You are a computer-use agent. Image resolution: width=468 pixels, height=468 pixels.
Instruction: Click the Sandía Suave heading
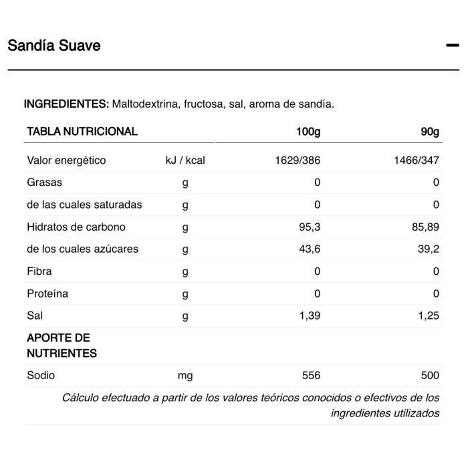pyautogui.click(x=54, y=45)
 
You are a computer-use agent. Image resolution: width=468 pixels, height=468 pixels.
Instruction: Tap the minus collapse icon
pyautogui.click(x=452, y=45)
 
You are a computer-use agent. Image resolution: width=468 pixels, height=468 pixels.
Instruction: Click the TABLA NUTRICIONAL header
pyautogui.click(x=82, y=132)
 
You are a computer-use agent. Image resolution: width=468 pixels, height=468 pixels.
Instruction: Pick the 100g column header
pyautogui.click(x=308, y=132)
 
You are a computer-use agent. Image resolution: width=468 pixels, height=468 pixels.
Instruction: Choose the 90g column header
pyautogui.click(x=430, y=132)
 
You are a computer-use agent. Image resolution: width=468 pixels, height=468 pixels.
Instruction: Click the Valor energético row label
pyautogui.click(x=66, y=160)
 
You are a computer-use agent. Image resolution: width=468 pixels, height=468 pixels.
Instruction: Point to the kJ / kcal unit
pyautogui.click(x=185, y=160)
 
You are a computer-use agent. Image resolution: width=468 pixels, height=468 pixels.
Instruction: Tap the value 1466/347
pyautogui.click(x=417, y=160)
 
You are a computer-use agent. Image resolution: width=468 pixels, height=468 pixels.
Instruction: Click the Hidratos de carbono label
pyautogui.click(x=76, y=227)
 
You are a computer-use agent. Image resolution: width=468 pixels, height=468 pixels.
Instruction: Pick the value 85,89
pyautogui.click(x=425, y=227)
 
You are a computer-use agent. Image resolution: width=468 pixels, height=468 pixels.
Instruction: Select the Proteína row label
pyautogui.click(x=47, y=294)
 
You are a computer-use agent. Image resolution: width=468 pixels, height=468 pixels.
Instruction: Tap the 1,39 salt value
pyautogui.click(x=310, y=316)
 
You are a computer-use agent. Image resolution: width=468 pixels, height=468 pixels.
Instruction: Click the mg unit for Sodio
pyautogui.click(x=185, y=376)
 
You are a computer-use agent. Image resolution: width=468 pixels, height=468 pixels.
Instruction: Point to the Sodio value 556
pyautogui.click(x=312, y=376)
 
